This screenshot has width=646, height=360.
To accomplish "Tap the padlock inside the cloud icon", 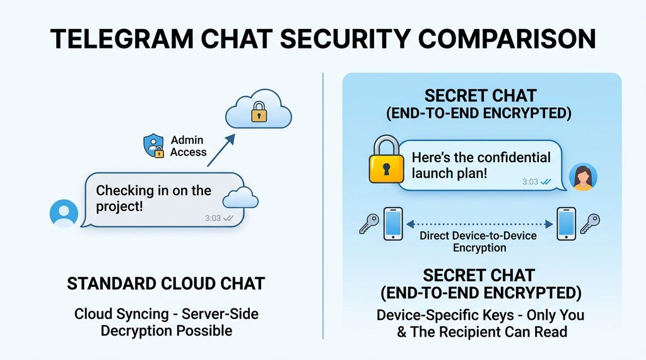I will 259,113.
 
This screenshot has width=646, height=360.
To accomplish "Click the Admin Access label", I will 188,146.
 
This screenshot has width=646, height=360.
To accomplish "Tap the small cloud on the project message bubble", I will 241,198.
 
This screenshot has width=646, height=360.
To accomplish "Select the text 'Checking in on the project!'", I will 153,198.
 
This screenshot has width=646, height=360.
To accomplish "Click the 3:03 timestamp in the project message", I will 213,218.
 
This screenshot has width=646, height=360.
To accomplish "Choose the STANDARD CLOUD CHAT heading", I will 167,284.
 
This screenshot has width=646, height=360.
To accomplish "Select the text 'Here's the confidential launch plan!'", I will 481,165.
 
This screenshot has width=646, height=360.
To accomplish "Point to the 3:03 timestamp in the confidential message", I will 530,182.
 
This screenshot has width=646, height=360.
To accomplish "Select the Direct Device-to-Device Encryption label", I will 479,241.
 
